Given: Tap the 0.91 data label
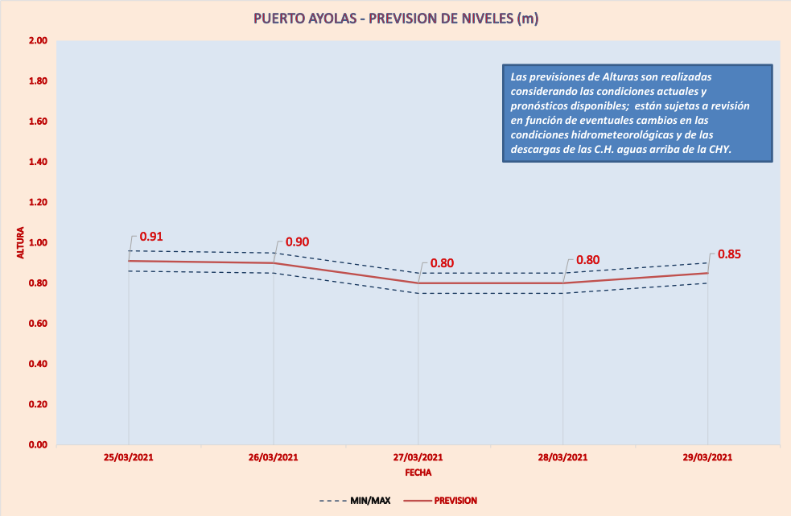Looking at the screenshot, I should tap(151, 237).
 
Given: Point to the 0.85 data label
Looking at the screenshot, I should tap(729, 254).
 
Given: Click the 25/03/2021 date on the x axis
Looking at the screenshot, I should tap(129, 457).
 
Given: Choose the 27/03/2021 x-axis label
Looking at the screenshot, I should tap(418, 457).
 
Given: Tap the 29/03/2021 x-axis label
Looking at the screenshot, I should tap(708, 457).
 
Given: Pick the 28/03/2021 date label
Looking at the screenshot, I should tap(563, 457).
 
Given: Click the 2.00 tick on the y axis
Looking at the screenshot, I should tap(38, 41).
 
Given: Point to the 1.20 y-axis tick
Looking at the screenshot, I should tap(38, 202).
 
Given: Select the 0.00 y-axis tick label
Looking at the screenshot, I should tap(38, 444).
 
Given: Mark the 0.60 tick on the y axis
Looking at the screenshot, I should tap(38, 324).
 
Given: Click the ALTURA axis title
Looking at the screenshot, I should tap(21, 242).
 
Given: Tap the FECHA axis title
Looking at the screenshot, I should tap(418, 473).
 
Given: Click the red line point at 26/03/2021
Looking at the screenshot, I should tap(274, 263).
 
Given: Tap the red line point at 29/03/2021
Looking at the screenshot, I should tap(708, 273).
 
